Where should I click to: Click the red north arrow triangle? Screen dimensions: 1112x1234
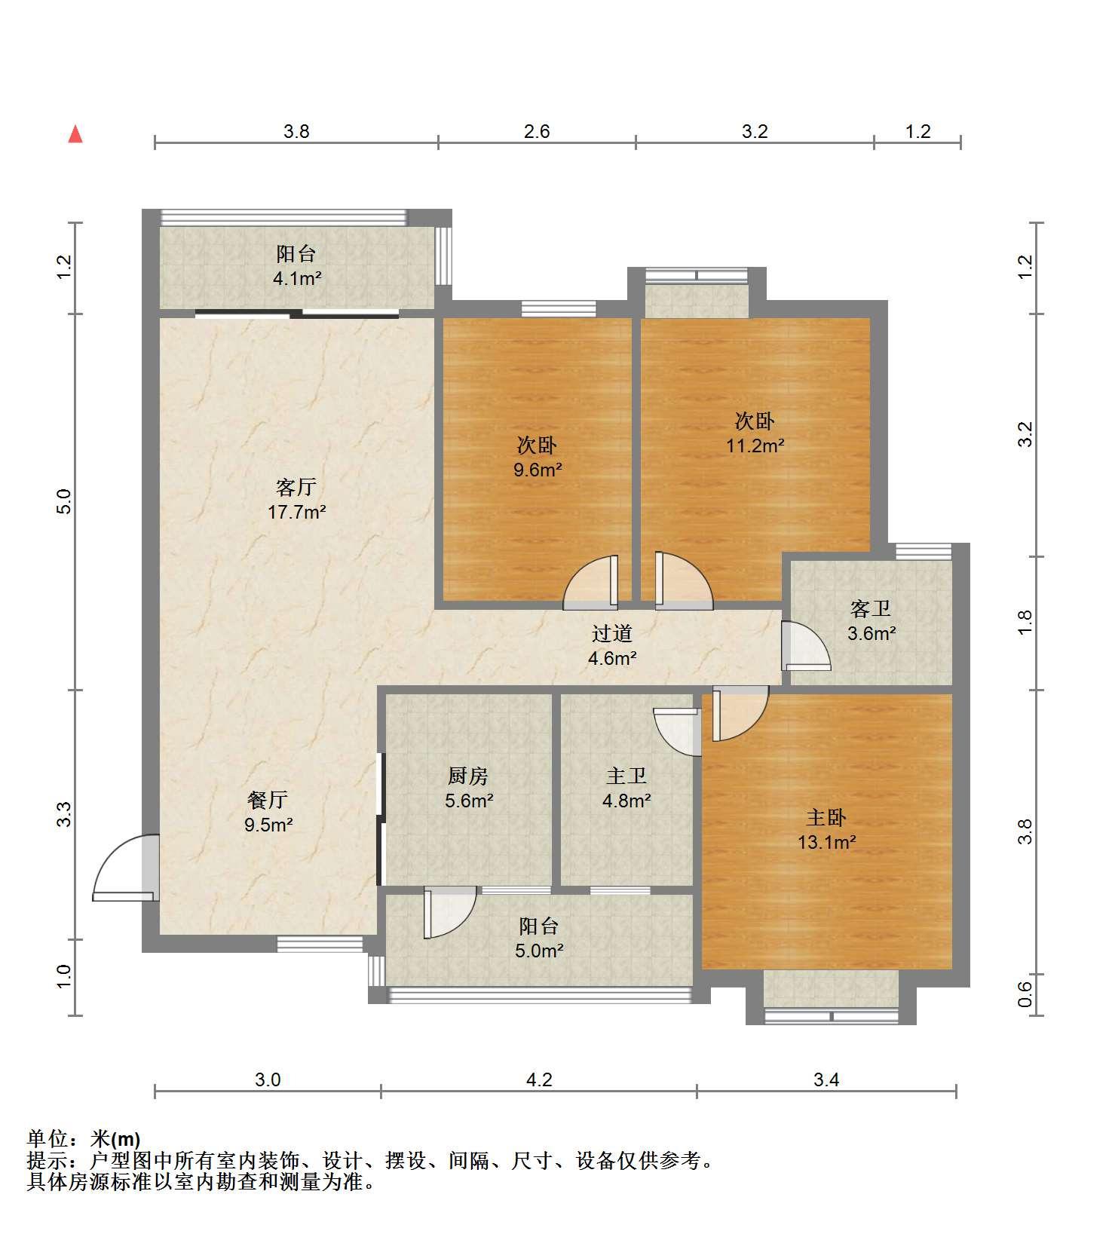coord(75,134)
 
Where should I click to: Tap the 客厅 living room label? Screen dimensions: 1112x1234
coord(296,487)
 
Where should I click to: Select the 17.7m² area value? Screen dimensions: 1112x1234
coord(297,513)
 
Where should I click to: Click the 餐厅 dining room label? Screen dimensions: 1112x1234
coord(268,799)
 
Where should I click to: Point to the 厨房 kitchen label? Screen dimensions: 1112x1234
coord(468,775)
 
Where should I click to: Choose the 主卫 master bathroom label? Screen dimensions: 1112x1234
coord(626,775)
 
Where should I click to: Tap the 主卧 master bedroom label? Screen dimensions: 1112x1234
coord(826,817)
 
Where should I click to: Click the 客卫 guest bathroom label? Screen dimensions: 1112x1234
coord(871,608)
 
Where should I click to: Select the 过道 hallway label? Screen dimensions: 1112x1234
coord(611,633)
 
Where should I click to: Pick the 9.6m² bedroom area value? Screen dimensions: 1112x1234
coord(538,470)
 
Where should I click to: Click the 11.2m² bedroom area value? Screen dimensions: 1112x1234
coord(755,446)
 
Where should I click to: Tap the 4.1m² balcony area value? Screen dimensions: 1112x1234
coord(297,278)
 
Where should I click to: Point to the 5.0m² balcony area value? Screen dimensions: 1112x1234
coord(539,951)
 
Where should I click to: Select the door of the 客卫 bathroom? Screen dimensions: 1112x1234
coord(805,646)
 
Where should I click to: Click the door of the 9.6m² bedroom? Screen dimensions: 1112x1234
coord(591,582)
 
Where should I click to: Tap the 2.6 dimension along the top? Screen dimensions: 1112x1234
coord(537,131)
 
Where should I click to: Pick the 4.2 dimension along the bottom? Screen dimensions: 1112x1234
coord(539,1079)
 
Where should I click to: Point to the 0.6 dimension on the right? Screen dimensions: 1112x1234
coord(1025,994)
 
